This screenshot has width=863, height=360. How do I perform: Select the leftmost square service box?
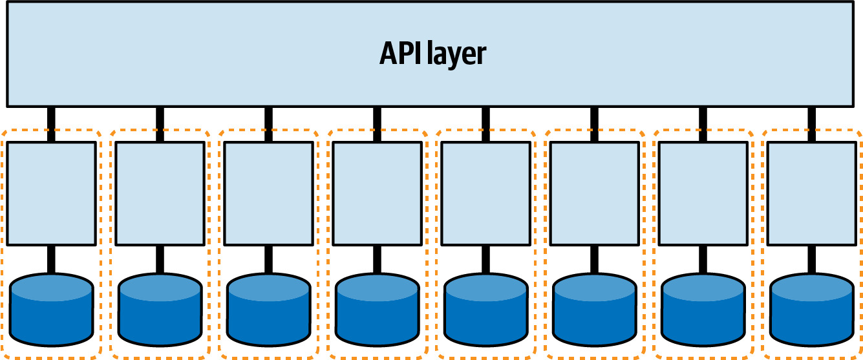pos(51,193)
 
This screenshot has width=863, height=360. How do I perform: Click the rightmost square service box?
pos(812,193)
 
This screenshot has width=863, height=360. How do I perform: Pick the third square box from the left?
pos(268,193)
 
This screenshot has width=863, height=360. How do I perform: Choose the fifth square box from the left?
pos(486,193)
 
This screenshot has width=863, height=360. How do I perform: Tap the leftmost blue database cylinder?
pos(51,310)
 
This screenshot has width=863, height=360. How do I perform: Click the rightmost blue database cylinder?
pos(812,310)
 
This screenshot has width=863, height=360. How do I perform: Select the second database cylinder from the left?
pos(160,310)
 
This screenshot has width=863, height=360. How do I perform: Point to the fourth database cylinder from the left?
pos(377,310)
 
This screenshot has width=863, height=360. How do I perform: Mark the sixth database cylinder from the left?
pos(595,310)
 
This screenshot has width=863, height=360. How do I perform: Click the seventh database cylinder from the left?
pos(703,310)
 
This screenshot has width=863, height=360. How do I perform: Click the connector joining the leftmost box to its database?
pos(51,259)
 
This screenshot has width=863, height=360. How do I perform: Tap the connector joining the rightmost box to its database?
pos(812,259)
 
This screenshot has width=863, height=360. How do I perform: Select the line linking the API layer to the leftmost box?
pos(51,124)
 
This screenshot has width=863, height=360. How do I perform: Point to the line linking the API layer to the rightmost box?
pos(812,124)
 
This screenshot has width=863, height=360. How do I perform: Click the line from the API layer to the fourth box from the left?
pos(377,124)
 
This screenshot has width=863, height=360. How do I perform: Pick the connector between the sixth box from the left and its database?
pos(595,259)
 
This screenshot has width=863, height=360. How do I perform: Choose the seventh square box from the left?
pos(703,193)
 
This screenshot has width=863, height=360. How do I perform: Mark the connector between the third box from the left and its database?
pos(268,259)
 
